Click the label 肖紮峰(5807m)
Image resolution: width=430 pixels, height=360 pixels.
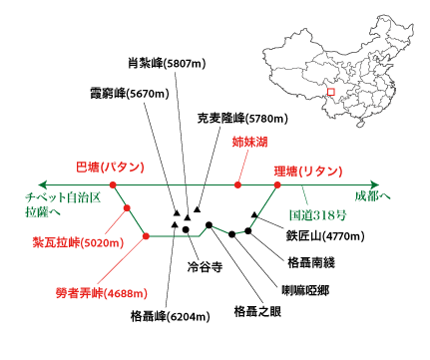pyautogui.click(x=168, y=63)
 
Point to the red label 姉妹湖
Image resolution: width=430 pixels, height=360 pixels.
pyautogui.click(x=249, y=143)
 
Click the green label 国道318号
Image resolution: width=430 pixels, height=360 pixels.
pyautogui.click(x=318, y=213)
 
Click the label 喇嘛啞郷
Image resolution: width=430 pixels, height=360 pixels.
pyautogui.click(x=304, y=290)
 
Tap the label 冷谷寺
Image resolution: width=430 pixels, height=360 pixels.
pyautogui.click(x=204, y=268)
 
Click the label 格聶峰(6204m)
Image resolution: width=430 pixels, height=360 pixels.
pyautogui.click(x=171, y=317)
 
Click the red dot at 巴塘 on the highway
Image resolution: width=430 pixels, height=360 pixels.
pyautogui.click(x=113, y=184)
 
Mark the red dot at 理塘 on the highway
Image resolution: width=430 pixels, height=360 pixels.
pyautogui.click(x=278, y=184)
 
